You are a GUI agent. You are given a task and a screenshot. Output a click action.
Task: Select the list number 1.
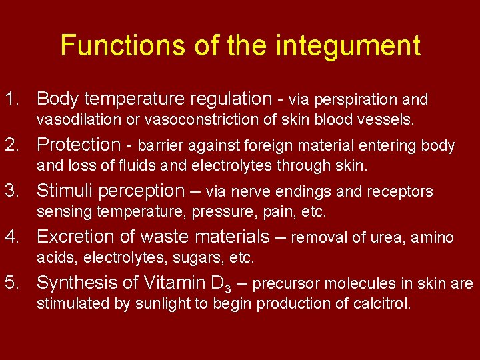[11, 99]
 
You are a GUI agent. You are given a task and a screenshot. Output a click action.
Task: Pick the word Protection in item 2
[77, 145]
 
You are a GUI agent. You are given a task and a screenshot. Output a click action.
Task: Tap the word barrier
[161, 145]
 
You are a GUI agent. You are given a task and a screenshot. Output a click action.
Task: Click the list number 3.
[11, 191]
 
